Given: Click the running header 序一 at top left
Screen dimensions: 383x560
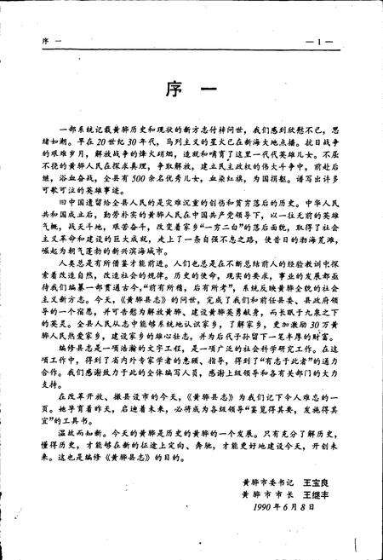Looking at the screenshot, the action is (x=49, y=42).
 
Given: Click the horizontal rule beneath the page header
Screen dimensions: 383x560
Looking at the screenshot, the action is (x=191, y=51).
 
